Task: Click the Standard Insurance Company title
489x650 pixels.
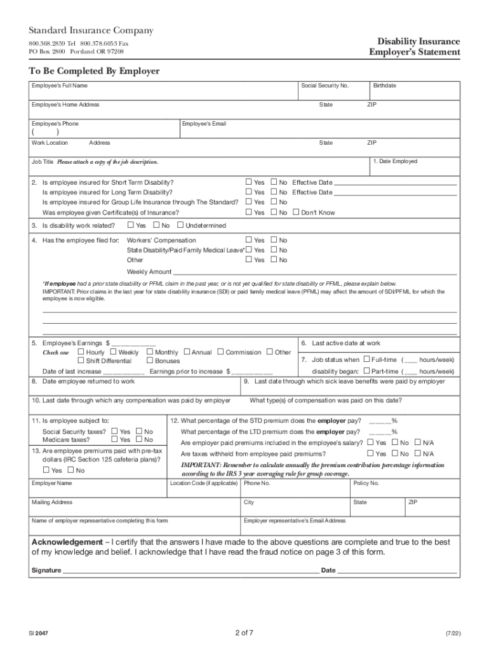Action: click(91, 31)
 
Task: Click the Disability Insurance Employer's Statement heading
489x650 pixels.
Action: click(415, 46)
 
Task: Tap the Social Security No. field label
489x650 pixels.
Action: click(327, 85)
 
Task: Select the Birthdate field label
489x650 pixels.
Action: click(385, 85)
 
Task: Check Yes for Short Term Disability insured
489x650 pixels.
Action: click(249, 182)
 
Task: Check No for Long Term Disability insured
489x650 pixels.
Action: click(274, 192)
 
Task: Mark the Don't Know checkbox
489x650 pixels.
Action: click(296, 213)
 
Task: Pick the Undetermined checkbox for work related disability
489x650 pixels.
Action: click(180, 225)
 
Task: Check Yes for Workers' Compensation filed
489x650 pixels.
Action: click(249, 241)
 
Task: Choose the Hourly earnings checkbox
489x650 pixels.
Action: click(81, 352)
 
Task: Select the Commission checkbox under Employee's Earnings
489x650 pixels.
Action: click(220, 352)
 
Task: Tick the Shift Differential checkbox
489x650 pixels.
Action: click(81, 361)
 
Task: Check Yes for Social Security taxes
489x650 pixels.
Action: click(114, 432)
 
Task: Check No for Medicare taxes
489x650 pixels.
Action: click(139, 439)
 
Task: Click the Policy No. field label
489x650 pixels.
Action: click(366, 483)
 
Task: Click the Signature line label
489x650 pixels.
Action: click(46, 570)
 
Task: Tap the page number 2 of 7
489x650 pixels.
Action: click(244, 632)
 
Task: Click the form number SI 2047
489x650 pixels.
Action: click(37, 633)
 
